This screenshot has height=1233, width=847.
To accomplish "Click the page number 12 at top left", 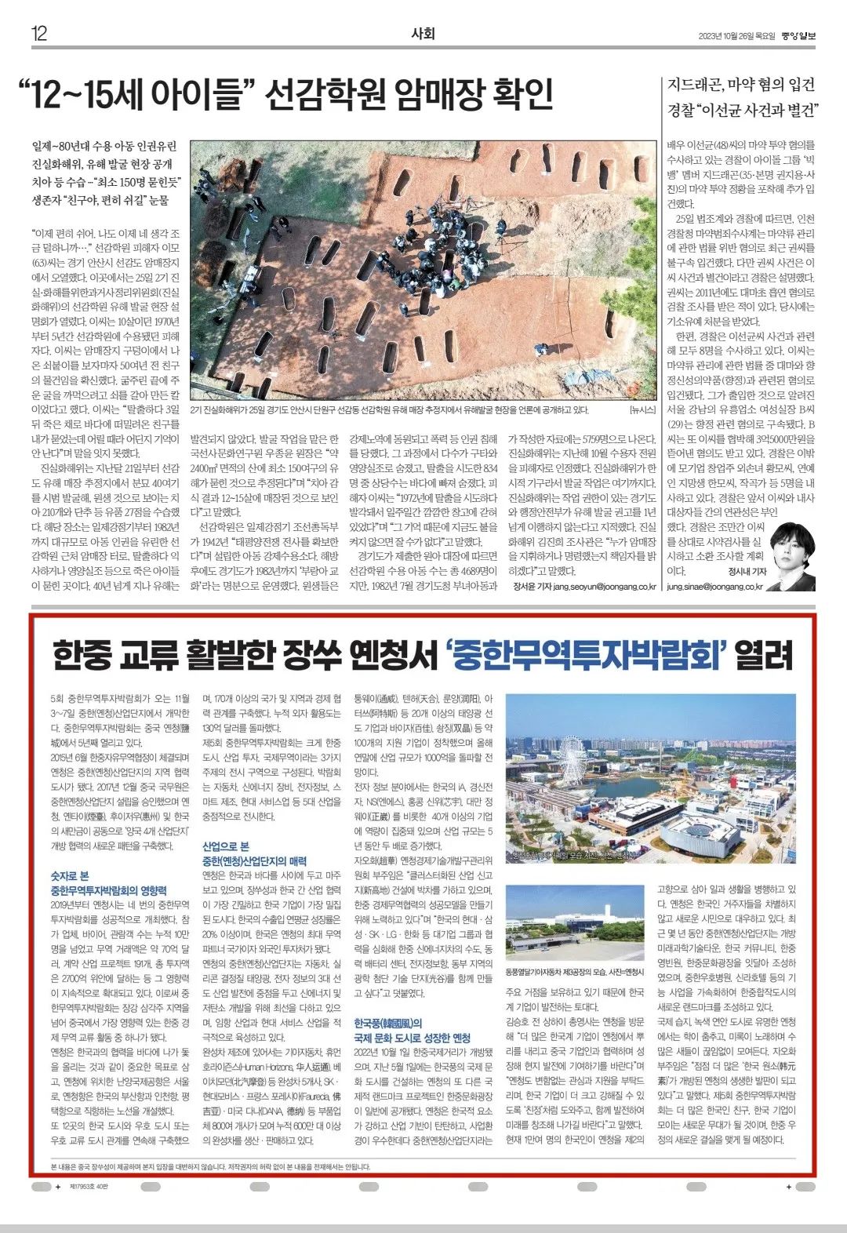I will pos(39,33).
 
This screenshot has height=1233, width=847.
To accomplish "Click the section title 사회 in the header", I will pos(423,33).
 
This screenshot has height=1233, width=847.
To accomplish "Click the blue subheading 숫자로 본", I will pos(70,875).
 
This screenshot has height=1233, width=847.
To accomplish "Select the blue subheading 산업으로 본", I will pos(225,846).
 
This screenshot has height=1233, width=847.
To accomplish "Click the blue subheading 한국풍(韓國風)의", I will pos(388,1023).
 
